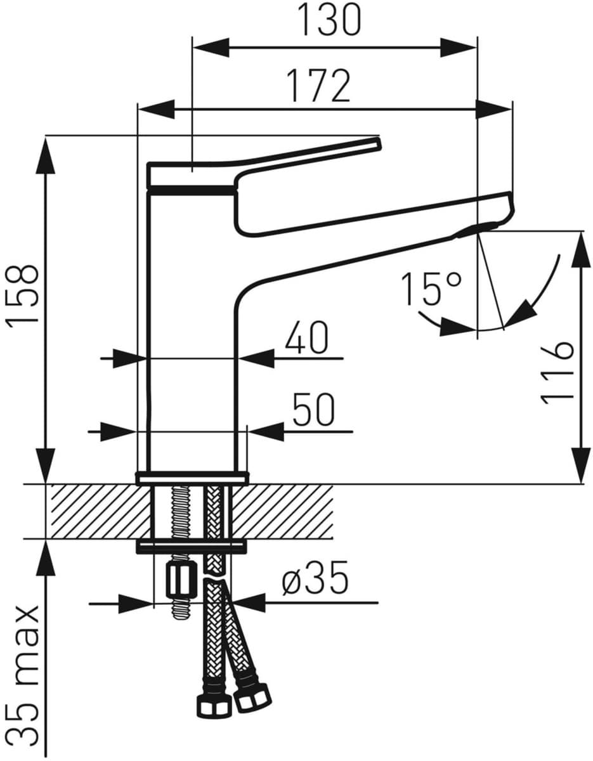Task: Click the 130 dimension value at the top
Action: (x=330, y=20)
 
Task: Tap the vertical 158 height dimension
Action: (x=22, y=297)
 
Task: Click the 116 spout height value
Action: (x=557, y=373)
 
